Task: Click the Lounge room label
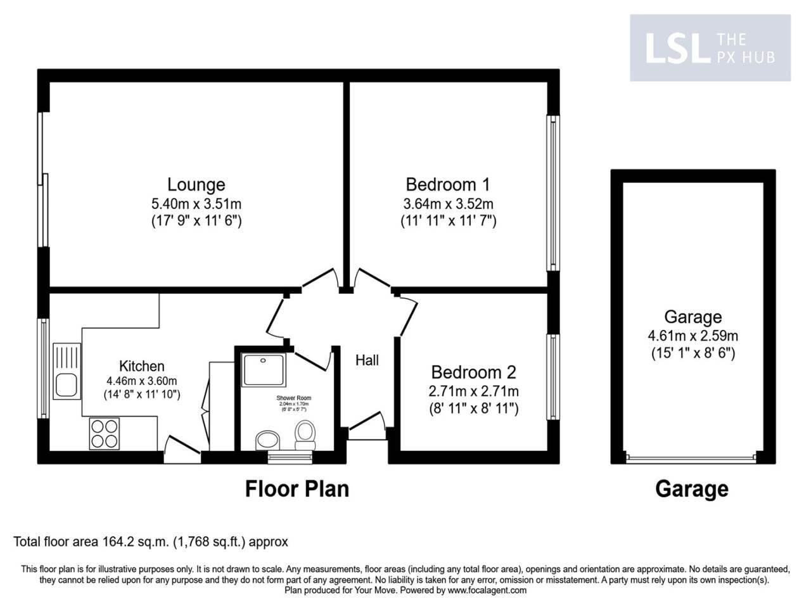(196, 184)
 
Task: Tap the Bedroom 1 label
(447, 184)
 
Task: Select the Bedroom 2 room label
(473, 372)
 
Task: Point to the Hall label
(367, 360)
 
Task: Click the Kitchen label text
(142, 366)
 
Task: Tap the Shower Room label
(294, 398)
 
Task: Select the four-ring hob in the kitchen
(105, 434)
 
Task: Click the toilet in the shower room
(305, 434)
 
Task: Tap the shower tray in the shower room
(263, 369)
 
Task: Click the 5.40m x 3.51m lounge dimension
(196, 204)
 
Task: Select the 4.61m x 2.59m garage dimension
(693, 336)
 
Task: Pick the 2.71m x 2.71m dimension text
(473, 391)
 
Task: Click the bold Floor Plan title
(297, 489)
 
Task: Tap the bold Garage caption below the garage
(691, 489)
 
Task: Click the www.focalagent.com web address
(487, 590)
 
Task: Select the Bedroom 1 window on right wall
(553, 193)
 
